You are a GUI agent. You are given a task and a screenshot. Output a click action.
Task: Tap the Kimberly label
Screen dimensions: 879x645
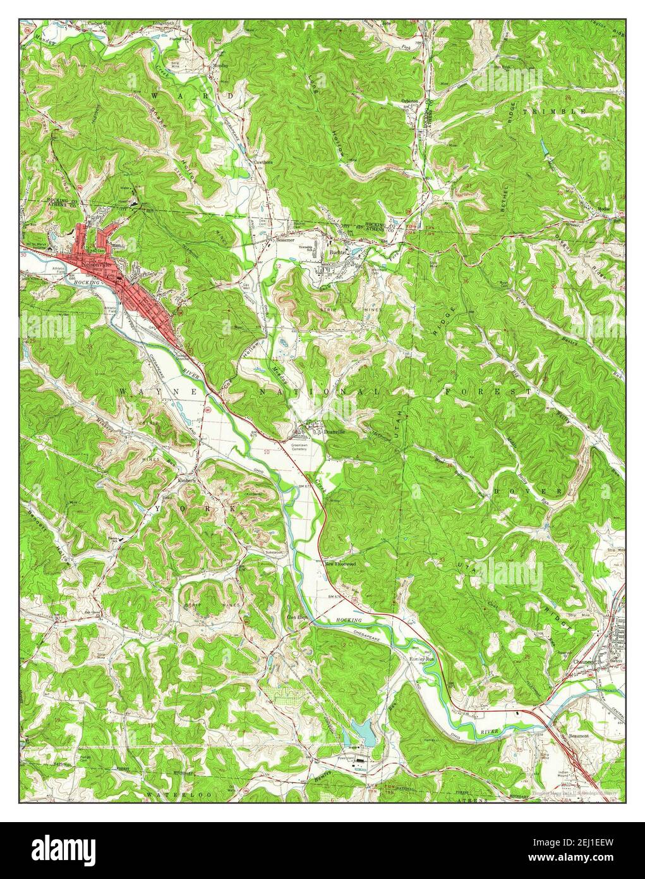188,480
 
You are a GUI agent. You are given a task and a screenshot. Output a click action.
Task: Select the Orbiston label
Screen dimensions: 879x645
410,101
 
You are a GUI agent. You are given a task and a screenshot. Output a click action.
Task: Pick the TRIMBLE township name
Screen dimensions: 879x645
553,111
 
